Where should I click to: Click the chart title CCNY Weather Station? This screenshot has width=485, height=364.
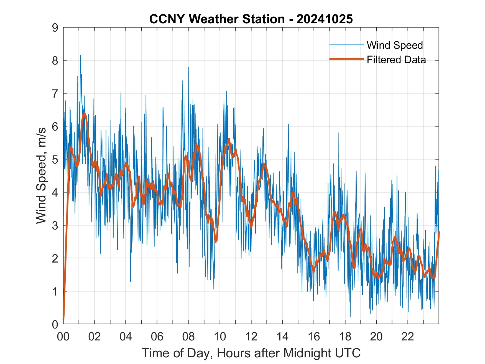coord(217,19)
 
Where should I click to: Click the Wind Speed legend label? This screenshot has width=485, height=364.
coord(395,45)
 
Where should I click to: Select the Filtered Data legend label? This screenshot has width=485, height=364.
coord(396,60)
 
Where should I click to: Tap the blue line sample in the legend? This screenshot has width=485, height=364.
coord(346,45)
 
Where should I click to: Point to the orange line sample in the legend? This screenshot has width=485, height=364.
coord(346,59)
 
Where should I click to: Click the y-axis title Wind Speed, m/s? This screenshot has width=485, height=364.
coord(42,176)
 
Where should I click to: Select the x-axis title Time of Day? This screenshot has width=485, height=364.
coord(251,353)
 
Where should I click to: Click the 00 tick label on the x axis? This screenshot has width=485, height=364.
coord(63,337)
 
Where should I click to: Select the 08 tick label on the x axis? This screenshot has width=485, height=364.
coord(188,337)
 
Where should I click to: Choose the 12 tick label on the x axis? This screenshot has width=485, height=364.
coord(251,337)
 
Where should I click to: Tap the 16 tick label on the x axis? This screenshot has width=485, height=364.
coord(314,337)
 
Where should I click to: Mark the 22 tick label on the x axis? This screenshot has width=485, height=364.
coord(408,337)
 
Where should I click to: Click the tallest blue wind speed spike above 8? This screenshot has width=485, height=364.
coord(80,56)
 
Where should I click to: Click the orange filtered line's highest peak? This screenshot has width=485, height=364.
coord(84,114)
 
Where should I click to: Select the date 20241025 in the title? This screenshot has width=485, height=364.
coord(325,19)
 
